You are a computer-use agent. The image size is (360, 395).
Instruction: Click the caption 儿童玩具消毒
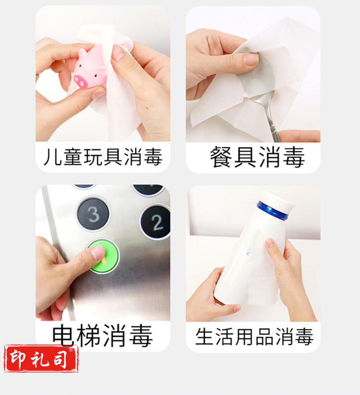pos(103,156)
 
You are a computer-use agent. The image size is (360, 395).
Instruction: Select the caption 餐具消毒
pos(257,157)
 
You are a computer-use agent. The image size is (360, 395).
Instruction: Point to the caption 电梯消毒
pos(102,335)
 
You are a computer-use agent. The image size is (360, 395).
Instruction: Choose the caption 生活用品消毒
pos(254,336)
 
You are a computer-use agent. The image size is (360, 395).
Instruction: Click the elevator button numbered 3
pos(94,214)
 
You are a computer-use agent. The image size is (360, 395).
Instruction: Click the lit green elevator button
pos(103,256)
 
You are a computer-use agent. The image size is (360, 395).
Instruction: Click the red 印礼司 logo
pos(41,359)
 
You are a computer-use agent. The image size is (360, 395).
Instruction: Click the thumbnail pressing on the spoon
pos(251,59)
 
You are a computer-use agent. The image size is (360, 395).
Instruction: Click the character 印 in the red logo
pos(17,359)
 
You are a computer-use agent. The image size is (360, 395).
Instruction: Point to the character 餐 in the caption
pos(221,156)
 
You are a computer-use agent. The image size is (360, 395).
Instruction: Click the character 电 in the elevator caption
pos(63,335)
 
